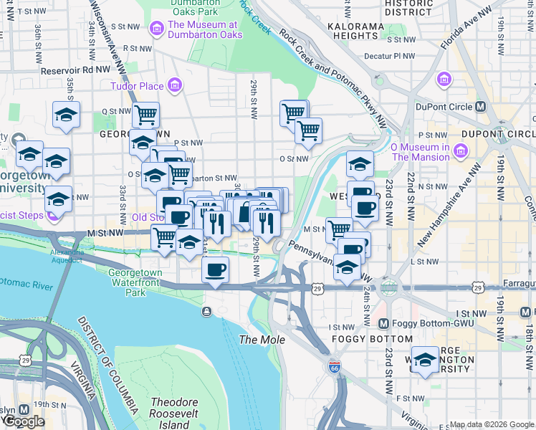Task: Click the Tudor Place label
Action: [x=136, y=87]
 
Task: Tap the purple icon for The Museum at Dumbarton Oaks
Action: [x=155, y=28]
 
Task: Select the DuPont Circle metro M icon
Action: [x=481, y=107]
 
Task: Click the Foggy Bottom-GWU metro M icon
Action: [x=384, y=323]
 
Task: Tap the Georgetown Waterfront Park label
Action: [x=134, y=282]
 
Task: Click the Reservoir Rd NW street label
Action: [x=75, y=70]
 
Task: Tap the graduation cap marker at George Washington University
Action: [x=426, y=359]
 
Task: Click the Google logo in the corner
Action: [x=24, y=421]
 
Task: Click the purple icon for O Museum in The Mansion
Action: [x=460, y=151]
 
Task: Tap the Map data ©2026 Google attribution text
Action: [x=492, y=424]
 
